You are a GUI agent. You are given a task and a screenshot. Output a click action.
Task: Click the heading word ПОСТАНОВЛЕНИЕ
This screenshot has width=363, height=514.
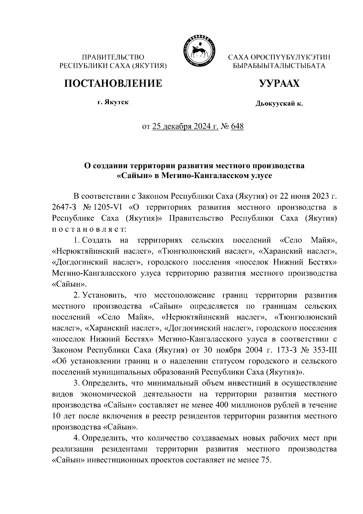click(x=113, y=83)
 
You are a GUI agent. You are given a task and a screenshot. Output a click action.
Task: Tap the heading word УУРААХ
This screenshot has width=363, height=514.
click(x=279, y=83)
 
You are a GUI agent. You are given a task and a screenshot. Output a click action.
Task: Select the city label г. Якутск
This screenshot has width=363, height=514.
click(x=113, y=102)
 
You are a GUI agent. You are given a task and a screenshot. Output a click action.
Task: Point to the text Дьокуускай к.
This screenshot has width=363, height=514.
click(x=279, y=104)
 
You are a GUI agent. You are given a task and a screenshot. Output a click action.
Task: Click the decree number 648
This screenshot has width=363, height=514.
click(x=237, y=126)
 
